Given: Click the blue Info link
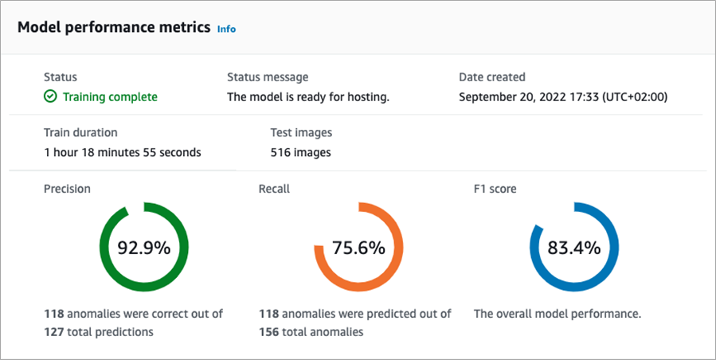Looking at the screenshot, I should coord(226,29).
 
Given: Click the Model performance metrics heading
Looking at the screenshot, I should coord(114,27).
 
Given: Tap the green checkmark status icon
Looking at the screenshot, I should coord(50,97).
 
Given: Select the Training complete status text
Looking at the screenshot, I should coord(110,97).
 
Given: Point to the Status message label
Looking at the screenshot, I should coord(268,77).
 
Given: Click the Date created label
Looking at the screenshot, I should coord(491,77).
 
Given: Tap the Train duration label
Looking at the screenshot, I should coord(80,133).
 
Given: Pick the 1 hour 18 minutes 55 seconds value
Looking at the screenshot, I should coord(122,152).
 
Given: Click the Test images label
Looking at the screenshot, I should coord(301,133).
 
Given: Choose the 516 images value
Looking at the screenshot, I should coord(301,152).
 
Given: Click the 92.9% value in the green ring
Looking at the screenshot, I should coord(144,248).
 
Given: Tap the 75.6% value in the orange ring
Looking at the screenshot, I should coord(358,248).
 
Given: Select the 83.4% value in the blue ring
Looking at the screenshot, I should coord(573,248).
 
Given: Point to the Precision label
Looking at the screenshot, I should coord(67,189).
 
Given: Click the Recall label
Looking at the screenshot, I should coord(274,189).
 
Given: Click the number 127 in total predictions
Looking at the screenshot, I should coord(54,331).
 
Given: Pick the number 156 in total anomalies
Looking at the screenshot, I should coord(270,331).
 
